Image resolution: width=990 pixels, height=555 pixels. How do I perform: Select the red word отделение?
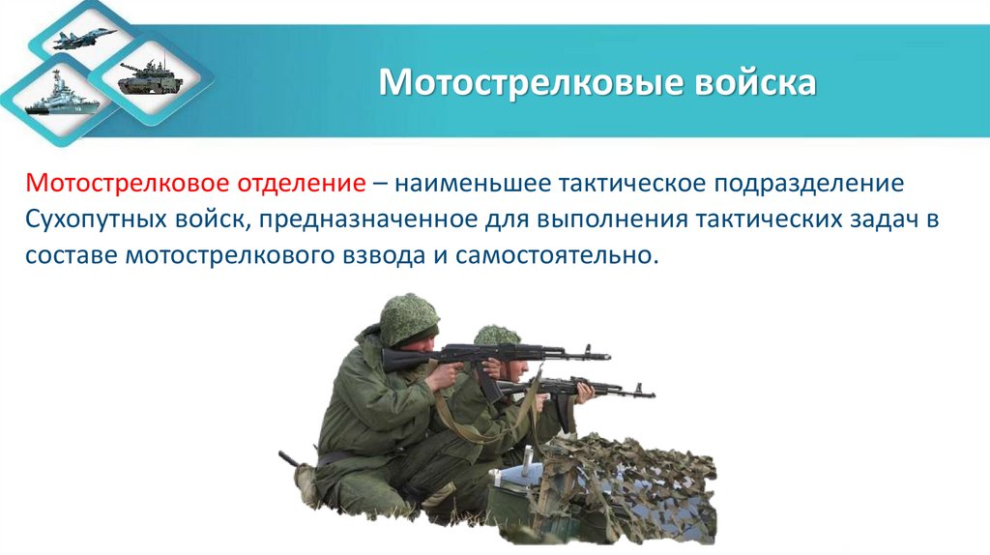(307, 183)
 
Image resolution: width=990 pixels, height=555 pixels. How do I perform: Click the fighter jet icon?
(87, 39)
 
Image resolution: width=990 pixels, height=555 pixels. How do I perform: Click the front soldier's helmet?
(408, 317)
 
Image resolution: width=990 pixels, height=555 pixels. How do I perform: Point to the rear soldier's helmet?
(497, 336)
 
